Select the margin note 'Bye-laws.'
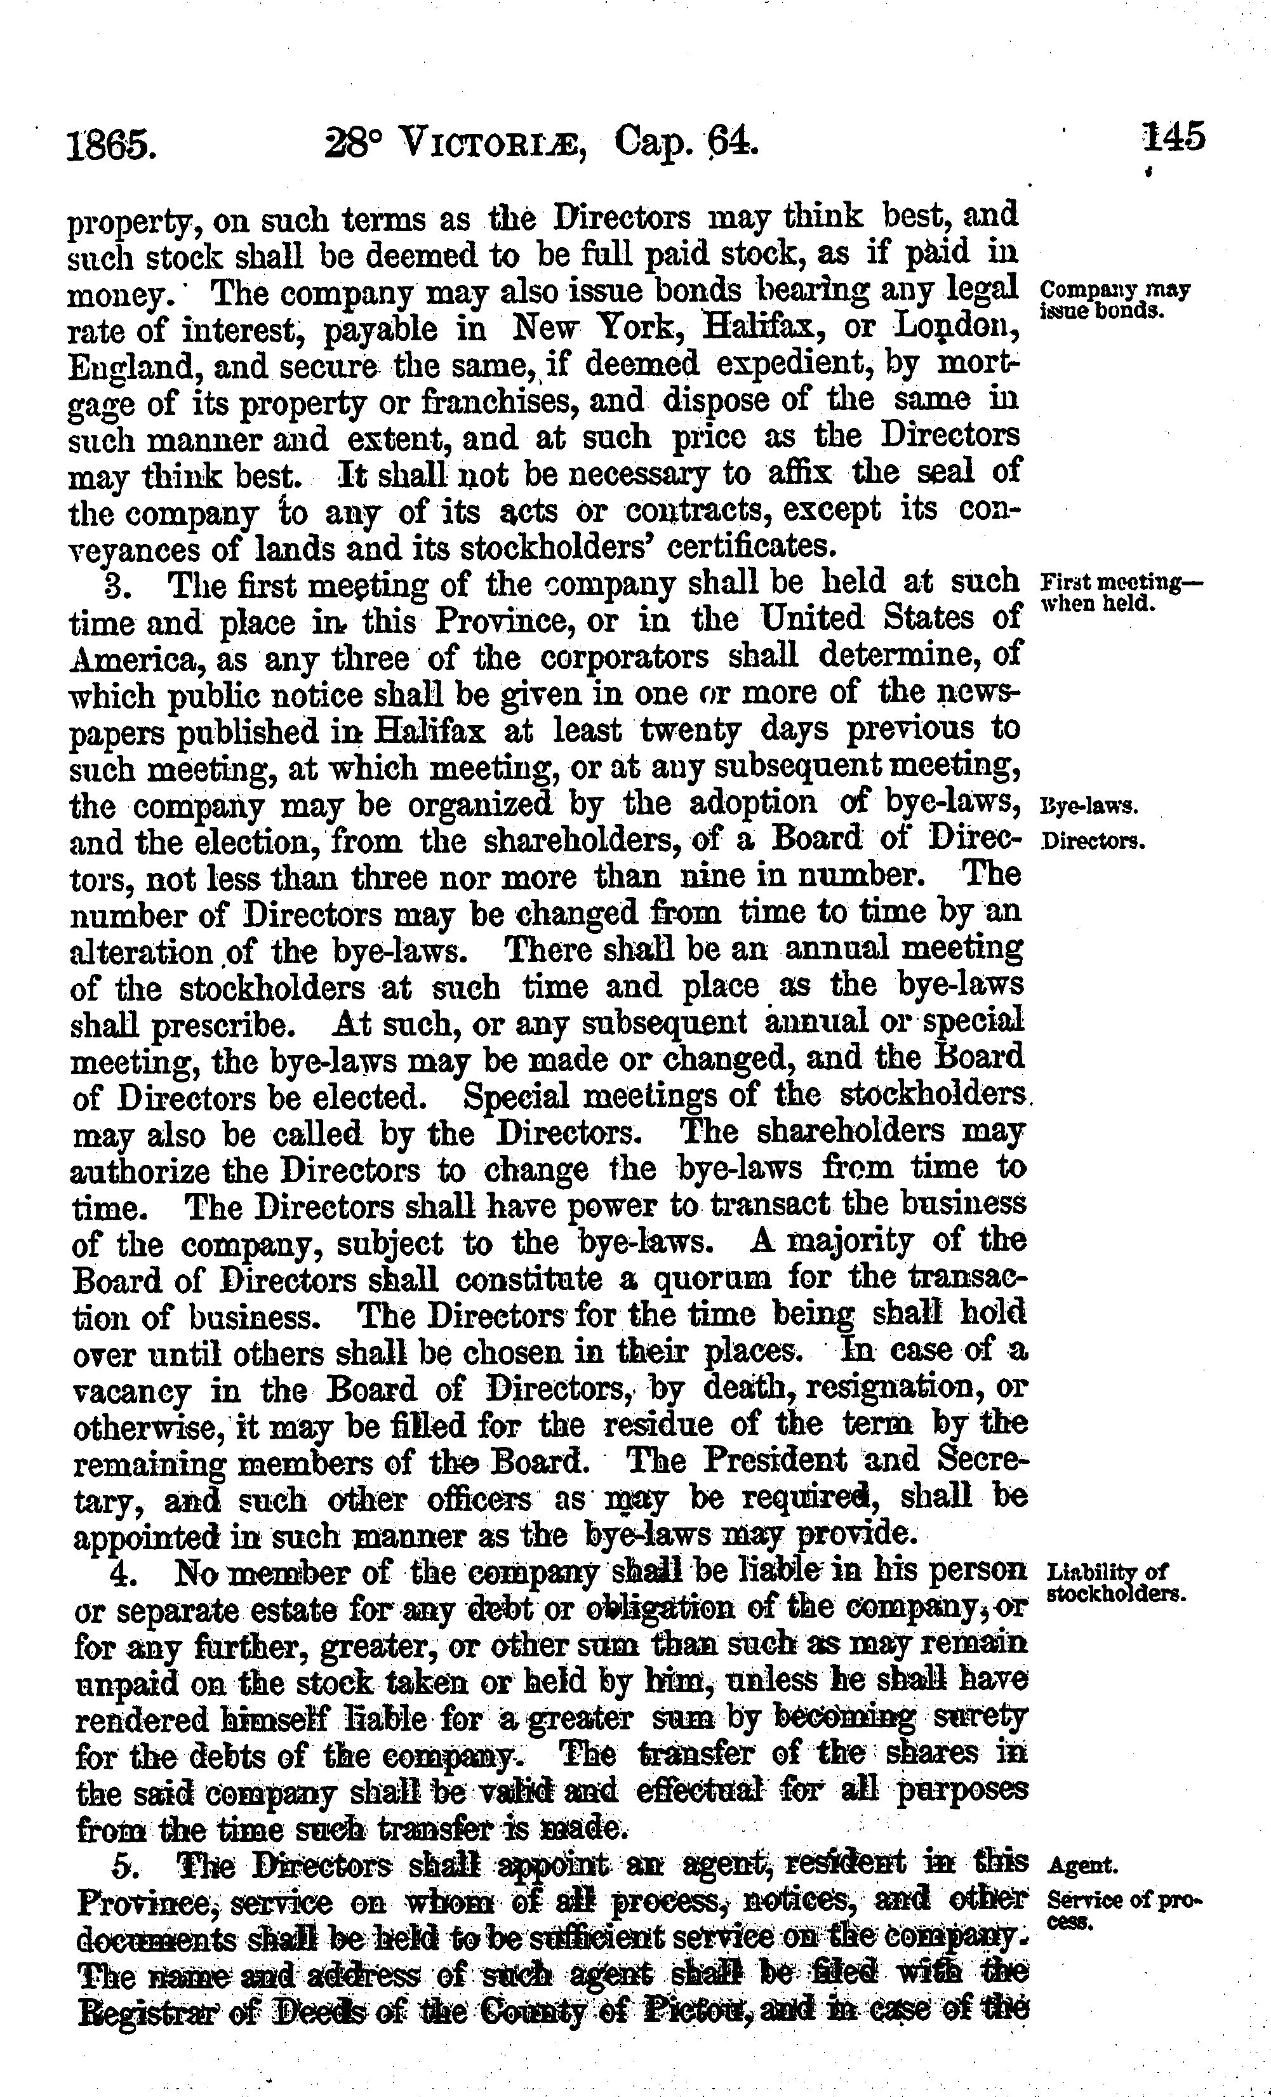tap(1089, 806)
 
